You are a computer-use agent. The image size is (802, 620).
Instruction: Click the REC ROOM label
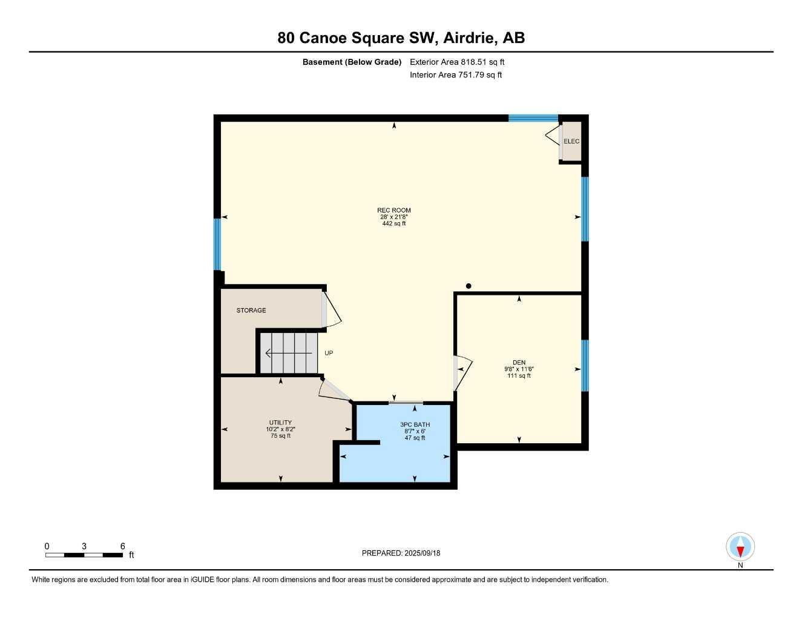[393, 210]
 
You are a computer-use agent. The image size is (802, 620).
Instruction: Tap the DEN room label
[519, 363]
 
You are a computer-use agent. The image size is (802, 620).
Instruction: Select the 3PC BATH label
[415, 424]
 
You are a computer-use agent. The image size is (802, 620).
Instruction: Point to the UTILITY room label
[280, 423]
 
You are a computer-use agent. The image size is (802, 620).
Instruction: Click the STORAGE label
[251, 310]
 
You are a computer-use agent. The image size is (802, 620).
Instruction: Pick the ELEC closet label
[571, 141]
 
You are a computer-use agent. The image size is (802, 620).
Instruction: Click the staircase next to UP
[289, 353]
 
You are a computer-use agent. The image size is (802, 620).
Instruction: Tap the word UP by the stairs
[329, 353]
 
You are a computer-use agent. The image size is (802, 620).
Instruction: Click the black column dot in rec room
[468, 286]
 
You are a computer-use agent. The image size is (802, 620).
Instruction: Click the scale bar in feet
[84, 555]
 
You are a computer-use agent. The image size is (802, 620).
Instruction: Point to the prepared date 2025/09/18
[401, 553]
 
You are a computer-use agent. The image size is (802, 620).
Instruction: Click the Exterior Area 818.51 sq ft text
[457, 62]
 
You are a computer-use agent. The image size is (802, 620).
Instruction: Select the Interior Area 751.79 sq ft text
[456, 75]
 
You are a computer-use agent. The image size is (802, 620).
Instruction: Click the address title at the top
[401, 38]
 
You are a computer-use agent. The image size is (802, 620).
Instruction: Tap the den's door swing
[462, 372]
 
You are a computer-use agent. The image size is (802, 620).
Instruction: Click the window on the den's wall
[585, 365]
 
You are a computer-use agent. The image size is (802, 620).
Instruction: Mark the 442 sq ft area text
[393, 223]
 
